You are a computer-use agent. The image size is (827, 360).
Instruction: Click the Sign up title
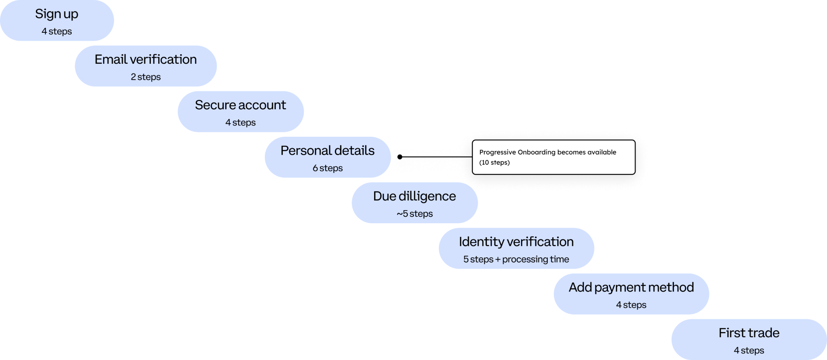click(57, 14)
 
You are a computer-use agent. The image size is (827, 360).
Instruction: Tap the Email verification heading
click(146, 59)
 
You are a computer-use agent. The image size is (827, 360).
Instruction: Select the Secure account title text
click(240, 105)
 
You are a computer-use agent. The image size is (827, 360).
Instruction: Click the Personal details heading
click(327, 151)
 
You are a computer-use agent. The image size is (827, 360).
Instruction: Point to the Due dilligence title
click(414, 196)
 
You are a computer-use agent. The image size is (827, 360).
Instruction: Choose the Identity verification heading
click(516, 242)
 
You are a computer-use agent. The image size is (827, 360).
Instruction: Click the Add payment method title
click(631, 287)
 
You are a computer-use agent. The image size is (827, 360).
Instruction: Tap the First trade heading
click(749, 333)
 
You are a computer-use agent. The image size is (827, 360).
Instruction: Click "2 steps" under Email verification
click(146, 77)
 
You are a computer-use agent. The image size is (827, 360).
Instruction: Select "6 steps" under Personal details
click(327, 168)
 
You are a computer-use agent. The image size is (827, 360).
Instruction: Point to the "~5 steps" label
click(414, 214)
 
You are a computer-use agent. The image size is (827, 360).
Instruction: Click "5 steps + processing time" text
click(516, 260)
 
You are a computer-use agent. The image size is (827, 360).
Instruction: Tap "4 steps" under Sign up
click(57, 31)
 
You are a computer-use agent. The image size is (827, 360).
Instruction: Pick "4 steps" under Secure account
click(240, 123)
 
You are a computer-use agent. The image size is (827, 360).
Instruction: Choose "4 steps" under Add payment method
click(631, 305)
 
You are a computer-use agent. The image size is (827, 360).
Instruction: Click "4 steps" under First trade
click(749, 350)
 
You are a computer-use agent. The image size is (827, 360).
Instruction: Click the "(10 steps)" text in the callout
click(494, 163)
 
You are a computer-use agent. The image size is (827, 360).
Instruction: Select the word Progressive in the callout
click(497, 152)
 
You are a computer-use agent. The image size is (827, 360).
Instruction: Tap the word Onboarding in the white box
click(536, 152)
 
